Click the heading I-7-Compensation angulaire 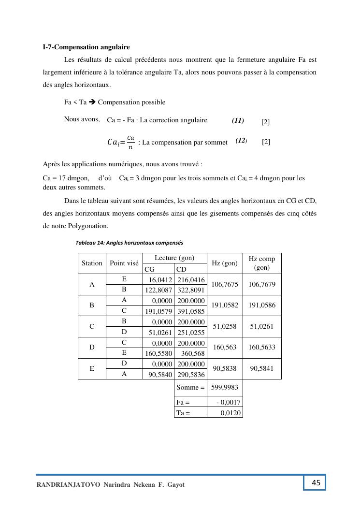point(86,47)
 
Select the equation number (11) point(238,121)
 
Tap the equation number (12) point(241,141)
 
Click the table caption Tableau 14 point(129,243)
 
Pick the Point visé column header point(124,263)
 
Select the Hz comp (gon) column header point(262,263)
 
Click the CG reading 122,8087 point(159,290)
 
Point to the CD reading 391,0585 point(191,311)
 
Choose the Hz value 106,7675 point(225,285)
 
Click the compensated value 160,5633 point(262,348)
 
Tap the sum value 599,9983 point(225,387)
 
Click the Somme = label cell point(190,387)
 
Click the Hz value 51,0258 point(225,327)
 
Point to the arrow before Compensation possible point(92,102)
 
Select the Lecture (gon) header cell point(174,258)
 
